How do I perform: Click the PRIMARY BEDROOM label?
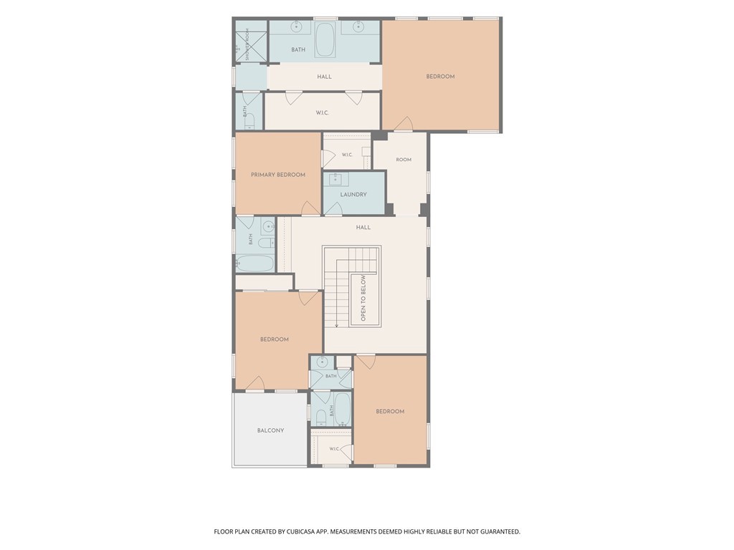pos(278,175)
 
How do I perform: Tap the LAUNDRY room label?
pos(353,195)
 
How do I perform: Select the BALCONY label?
pos(270,430)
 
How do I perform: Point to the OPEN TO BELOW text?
pos(363,298)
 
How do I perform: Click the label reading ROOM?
pos(404,160)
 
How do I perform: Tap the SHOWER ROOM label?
pos(247,45)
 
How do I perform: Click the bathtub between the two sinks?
pos(325,40)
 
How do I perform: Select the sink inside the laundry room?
pos(335,179)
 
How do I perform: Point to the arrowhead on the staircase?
pos(337,326)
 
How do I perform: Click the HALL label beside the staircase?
pos(363,227)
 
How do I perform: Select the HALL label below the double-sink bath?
pos(325,77)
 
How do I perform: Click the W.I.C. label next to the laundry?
pos(347,155)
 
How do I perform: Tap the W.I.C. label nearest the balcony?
pos(334,449)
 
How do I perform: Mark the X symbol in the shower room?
pos(247,45)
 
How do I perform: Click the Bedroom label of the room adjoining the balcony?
pos(275,339)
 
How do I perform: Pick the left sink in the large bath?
pos(296,26)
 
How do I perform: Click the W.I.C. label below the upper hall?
pos(322,112)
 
